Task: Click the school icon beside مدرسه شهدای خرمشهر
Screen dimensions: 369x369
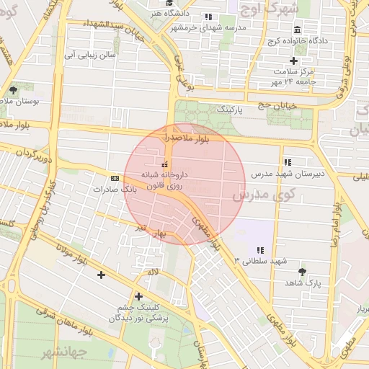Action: (x=208, y=17)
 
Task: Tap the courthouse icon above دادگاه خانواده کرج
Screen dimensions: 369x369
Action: (x=297, y=30)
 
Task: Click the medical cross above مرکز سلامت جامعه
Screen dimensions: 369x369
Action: (x=293, y=61)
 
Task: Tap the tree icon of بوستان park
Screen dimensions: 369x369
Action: (x=13, y=91)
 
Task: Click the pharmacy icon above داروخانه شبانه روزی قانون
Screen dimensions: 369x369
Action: (x=164, y=164)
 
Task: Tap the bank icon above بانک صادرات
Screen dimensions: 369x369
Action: (x=115, y=177)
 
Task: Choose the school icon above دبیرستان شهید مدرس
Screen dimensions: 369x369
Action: (x=288, y=163)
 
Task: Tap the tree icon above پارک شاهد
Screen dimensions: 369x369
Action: (x=302, y=272)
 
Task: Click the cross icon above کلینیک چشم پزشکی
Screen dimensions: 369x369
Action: (x=138, y=296)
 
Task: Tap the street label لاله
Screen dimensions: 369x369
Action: (x=151, y=272)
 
